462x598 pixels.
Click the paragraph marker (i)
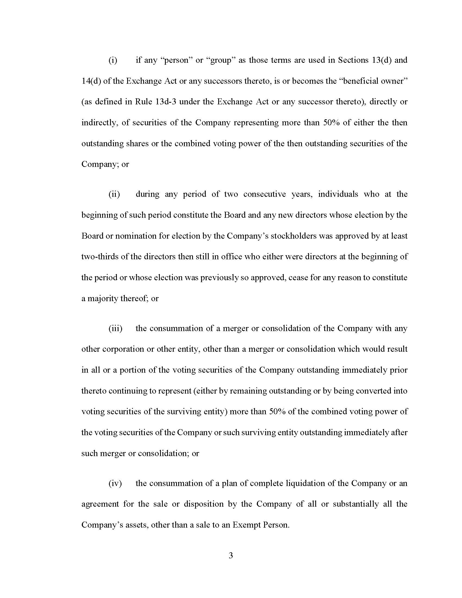pos(113,60)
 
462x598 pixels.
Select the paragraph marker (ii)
pos(114,194)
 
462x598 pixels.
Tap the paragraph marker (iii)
pos(115,328)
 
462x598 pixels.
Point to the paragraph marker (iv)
pos(115,483)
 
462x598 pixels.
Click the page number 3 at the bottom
pos(231,556)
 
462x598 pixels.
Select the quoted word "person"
pos(177,60)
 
